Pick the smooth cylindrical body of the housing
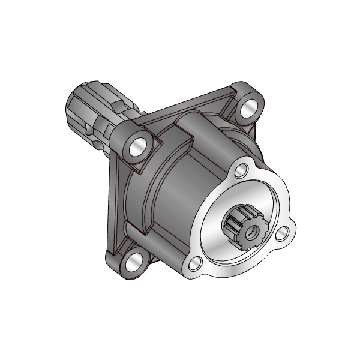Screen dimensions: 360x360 coord(180,192)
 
